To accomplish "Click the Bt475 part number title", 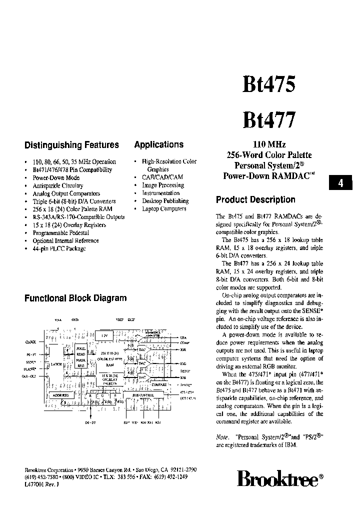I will (269, 85).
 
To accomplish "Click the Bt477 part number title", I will (269, 120).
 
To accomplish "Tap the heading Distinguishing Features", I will (71, 145).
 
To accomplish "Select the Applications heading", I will (158, 144).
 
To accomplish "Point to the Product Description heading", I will (255, 199).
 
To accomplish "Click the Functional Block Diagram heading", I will (75, 298).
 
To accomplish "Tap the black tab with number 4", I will (340, 183).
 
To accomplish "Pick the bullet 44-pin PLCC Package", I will (59, 248).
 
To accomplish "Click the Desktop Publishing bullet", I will (165, 201).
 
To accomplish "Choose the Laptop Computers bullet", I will (164, 209).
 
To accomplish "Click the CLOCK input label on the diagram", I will (31, 342).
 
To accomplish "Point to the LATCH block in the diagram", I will (56, 364).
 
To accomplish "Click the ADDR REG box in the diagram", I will (59, 395).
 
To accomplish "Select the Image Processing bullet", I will (163, 185).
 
